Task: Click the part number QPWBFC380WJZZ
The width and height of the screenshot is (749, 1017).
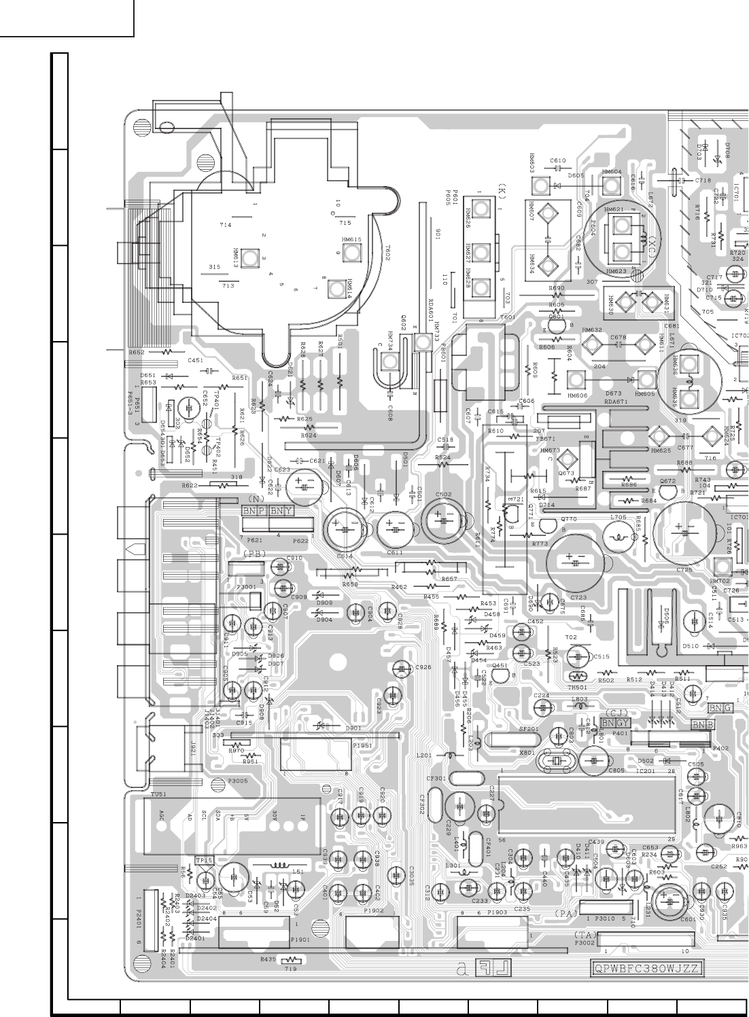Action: (x=646, y=969)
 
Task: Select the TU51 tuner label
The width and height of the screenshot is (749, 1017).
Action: (x=158, y=793)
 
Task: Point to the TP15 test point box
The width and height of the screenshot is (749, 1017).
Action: (x=205, y=860)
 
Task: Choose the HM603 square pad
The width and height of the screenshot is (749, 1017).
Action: (x=540, y=185)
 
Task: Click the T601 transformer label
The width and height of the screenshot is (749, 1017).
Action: (x=508, y=317)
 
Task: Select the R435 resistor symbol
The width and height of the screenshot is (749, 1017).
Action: (x=290, y=960)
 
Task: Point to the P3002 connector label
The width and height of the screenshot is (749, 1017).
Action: (x=585, y=943)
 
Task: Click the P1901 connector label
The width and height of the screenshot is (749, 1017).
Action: (x=300, y=940)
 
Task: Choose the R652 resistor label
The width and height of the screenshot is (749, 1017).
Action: (x=137, y=353)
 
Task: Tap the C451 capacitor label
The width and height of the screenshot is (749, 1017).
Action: (x=196, y=360)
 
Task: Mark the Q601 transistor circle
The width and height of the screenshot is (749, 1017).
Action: (x=556, y=326)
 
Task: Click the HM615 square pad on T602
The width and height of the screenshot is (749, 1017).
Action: (x=351, y=253)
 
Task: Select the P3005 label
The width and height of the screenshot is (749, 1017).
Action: (x=238, y=781)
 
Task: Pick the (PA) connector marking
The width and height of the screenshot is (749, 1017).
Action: (x=565, y=914)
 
